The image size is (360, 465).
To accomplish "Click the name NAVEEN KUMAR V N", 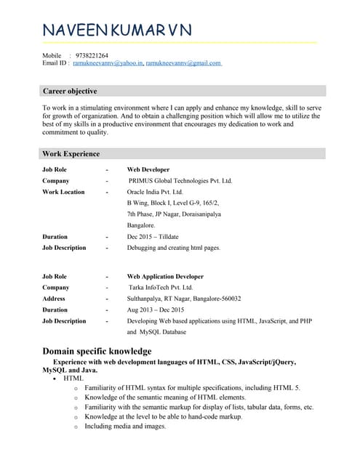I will [117, 30].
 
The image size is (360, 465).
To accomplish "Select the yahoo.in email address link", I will [108, 63].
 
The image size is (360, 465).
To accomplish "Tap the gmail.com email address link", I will [183, 63].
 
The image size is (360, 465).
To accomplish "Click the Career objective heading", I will [70, 92].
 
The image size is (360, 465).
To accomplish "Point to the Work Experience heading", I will [71, 154].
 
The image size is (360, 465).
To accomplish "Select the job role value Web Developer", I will [148, 169].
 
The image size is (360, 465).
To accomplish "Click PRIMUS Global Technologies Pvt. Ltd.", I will [180, 180].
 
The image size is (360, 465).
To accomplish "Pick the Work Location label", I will [63, 192].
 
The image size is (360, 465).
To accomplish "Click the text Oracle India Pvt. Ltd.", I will [157, 192].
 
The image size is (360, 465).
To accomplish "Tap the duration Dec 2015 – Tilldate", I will [153, 237].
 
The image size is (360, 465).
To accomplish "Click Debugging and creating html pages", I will [174, 248].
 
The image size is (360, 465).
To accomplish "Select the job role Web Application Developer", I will [165, 276].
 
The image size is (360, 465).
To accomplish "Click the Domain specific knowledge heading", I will [97, 352].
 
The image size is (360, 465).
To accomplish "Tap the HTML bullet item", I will [73, 379].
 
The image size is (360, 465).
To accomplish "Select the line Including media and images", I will [125, 426].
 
